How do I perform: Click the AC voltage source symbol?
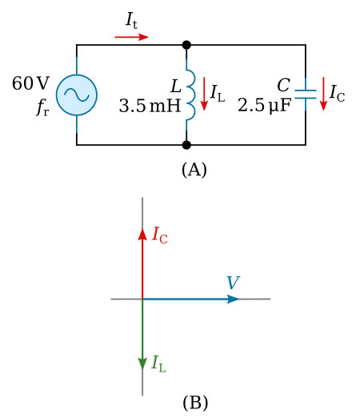77,94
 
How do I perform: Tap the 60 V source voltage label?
31,84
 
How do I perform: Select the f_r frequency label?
42,108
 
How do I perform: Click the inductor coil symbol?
190,94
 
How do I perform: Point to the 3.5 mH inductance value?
150,106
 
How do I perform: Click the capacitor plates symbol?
305,94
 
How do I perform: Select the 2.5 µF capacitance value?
264,106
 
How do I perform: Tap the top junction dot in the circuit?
186,45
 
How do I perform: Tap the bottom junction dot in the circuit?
186,145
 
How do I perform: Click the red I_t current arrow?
131,37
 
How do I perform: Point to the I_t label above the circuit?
131,20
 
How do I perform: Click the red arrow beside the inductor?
204,94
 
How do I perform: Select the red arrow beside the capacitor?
323,94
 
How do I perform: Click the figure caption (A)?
194,170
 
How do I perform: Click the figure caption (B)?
194,403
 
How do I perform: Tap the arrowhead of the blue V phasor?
233,299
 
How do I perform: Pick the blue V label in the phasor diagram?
233,283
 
